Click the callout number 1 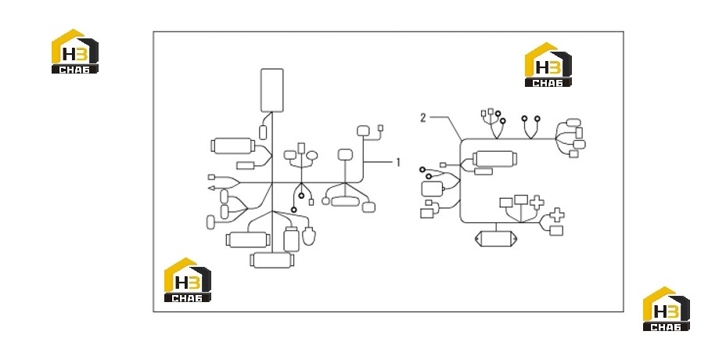tap(397, 162)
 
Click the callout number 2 tap(422, 118)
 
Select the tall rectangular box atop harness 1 tap(271, 90)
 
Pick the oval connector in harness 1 tap(312, 155)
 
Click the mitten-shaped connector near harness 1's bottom tap(308, 235)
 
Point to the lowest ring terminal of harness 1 tap(293, 210)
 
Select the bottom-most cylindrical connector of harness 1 tap(271, 260)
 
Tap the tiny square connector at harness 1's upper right tap(381, 128)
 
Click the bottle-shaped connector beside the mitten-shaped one tap(291, 239)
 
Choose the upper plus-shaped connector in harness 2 tap(537, 203)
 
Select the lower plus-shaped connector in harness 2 tap(557, 215)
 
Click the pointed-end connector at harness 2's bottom tap(496, 239)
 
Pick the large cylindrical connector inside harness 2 tap(494, 159)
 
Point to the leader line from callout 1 tap(379, 162)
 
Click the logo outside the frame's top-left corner tap(74, 51)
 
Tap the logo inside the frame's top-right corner tap(548, 64)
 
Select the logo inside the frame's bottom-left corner tap(188, 280)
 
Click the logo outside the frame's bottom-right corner tap(667, 308)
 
